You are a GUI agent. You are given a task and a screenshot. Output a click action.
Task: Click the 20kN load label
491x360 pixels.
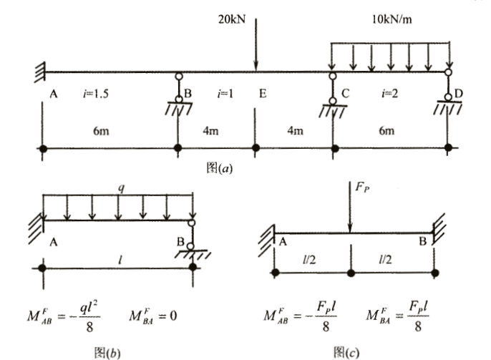pos(232,19)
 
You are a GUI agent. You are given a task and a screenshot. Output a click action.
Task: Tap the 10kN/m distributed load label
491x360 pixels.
pos(392,19)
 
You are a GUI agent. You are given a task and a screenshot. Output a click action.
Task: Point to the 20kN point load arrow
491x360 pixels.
pos(256,44)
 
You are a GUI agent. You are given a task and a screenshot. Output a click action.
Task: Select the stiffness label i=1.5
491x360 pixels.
pos(96,93)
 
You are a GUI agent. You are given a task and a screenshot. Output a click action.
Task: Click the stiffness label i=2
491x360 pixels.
pos(390,93)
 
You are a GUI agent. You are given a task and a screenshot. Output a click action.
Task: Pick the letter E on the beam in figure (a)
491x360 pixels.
pos(263,93)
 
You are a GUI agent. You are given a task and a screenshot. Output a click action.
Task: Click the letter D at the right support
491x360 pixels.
pos(458,93)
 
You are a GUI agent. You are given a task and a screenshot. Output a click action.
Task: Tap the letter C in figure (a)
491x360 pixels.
pos(345,93)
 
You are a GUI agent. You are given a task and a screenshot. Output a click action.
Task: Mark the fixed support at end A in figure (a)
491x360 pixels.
pos(40,72)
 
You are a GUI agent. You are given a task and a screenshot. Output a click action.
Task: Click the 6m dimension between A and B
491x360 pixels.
pos(101,130)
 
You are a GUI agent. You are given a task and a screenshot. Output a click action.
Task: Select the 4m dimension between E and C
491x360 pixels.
pos(296,130)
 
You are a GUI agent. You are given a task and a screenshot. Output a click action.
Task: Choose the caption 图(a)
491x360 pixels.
pos(220,167)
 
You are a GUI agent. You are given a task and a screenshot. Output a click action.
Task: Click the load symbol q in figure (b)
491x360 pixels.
pos(121,188)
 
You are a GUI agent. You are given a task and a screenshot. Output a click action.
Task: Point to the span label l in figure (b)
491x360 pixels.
pos(120,260)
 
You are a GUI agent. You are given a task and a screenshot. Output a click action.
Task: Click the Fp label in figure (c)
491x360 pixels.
pos(362,188)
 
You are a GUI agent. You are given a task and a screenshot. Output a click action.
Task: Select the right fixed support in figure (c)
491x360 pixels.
pos(439,230)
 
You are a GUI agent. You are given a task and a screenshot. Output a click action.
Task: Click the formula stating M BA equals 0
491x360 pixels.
pos(153,316)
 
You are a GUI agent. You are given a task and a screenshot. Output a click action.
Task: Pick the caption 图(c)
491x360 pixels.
pos(346,353)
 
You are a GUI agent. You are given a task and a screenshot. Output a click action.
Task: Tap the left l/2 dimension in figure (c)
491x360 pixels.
pos(309,260)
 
